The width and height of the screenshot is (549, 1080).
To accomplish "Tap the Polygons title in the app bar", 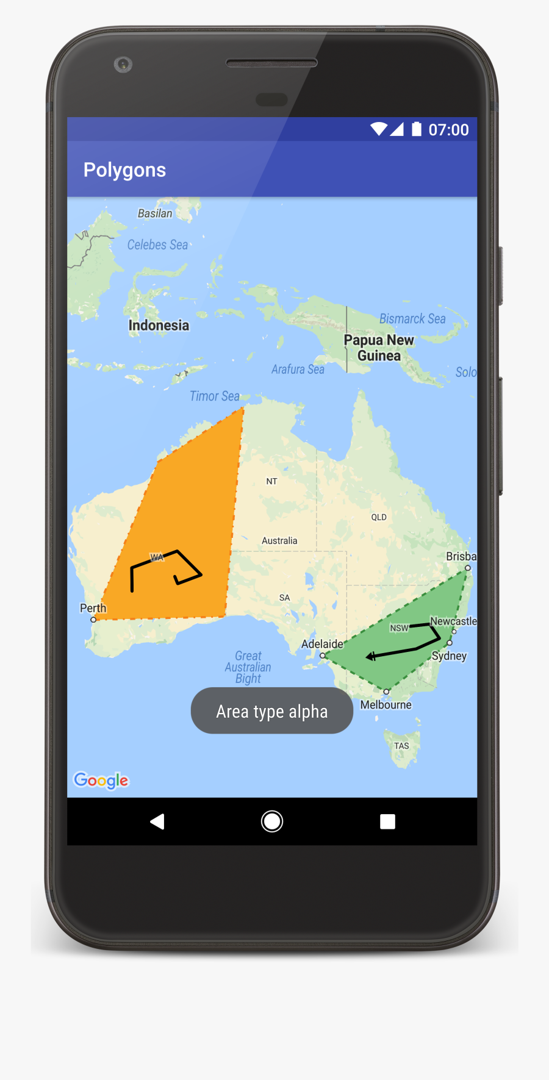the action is [124, 170].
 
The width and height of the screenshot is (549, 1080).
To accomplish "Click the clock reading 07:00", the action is [448, 130].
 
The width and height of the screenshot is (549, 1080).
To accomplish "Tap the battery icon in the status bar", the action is [417, 129].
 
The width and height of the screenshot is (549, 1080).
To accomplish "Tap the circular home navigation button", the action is [272, 821].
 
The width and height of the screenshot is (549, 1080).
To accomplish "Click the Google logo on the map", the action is [101, 781].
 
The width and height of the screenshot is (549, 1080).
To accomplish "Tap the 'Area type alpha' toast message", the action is [272, 711].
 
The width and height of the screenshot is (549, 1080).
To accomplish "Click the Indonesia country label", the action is [159, 326].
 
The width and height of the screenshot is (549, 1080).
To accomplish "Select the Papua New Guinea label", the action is [379, 348].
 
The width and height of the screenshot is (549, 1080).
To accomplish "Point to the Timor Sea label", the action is [215, 396].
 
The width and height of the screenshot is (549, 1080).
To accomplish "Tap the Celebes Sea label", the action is [157, 245].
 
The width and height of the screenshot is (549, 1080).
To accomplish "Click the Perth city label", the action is [93, 608].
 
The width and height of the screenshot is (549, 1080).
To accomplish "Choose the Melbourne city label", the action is [386, 705].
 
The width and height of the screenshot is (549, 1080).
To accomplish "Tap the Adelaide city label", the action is [322, 644].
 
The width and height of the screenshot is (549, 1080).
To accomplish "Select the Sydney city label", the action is [449, 656].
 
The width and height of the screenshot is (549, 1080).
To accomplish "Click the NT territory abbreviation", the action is [271, 481].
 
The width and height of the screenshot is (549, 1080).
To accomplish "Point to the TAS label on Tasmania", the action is [401, 746].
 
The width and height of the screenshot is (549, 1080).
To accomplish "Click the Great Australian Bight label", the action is [248, 667].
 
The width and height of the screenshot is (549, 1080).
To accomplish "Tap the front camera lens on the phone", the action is [123, 64].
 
